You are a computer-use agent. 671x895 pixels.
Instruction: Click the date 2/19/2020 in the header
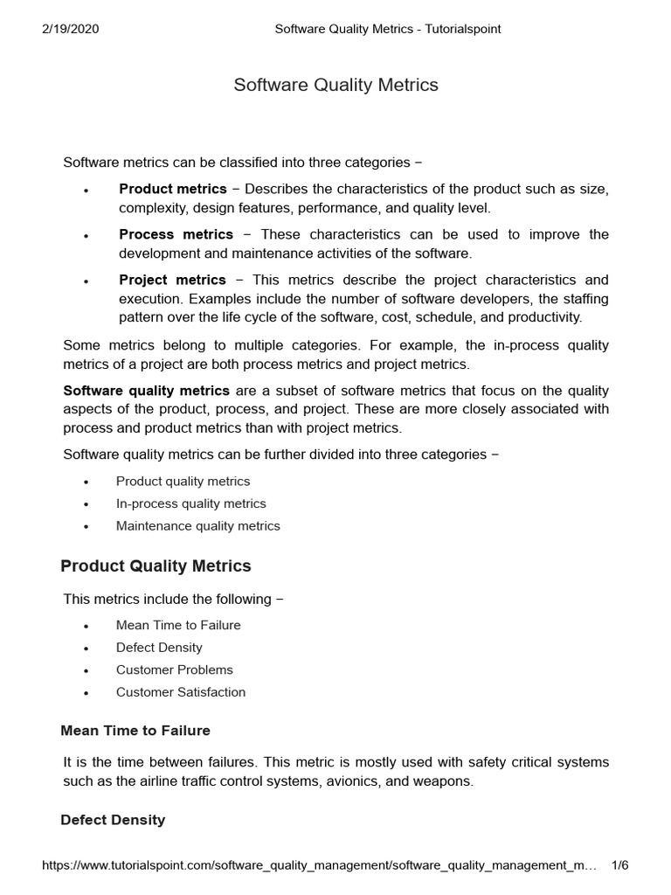point(71,29)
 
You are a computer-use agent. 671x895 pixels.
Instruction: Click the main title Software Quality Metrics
point(335,85)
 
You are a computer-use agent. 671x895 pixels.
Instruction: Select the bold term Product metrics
point(172,189)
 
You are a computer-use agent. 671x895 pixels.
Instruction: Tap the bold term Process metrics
point(176,234)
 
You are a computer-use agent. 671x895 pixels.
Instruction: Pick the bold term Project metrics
point(172,280)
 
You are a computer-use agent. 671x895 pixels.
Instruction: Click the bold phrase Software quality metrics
point(146,390)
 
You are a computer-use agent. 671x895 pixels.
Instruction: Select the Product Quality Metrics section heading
point(156,565)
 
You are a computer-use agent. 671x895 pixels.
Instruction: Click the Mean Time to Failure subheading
point(135,730)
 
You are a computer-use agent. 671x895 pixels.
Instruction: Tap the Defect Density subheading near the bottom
point(113,820)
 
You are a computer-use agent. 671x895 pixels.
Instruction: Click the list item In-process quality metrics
point(190,503)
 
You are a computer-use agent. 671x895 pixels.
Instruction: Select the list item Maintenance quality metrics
point(197,525)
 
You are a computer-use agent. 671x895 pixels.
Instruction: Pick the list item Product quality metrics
point(183,481)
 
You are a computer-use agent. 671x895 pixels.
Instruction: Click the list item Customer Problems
point(174,670)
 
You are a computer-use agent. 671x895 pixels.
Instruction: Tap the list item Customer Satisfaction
point(180,691)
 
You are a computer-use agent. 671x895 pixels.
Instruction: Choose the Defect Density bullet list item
point(159,647)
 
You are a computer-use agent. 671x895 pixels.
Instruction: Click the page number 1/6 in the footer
point(619,865)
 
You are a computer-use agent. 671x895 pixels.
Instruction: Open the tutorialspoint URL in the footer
point(319,865)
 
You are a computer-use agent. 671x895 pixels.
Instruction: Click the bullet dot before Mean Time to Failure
point(86,627)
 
